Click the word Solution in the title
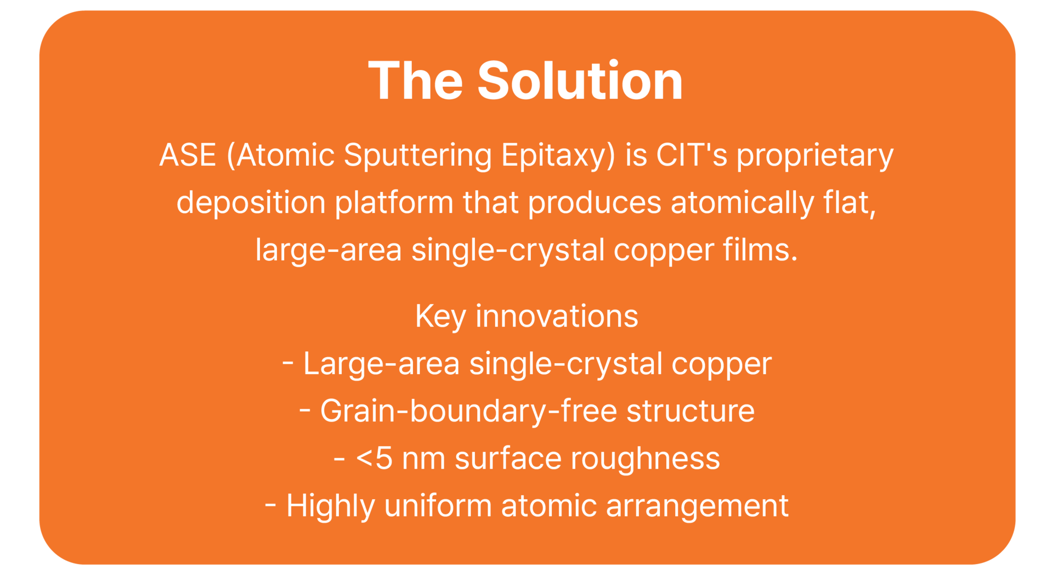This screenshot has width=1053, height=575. point(580,81)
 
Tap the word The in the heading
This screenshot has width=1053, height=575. point(416,81)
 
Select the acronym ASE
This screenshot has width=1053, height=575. point(188,155)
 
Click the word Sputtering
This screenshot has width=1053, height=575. point(417,156)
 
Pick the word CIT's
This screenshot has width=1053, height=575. point(692,155)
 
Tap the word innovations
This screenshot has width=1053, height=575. point(557,316)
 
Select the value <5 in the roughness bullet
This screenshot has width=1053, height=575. point(374,459)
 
